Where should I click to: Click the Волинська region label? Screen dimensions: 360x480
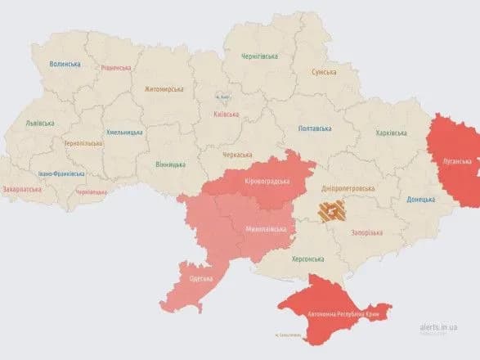click(x=65, y=64)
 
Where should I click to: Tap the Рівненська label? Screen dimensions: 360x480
click(x=117, y=68)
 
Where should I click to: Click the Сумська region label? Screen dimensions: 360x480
click(x=324, y=72)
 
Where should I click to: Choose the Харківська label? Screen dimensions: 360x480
click(x=392, y=133)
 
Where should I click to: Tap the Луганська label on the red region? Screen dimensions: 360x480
click(x=456, y=160)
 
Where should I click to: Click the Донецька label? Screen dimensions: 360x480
click(x=421, y=199)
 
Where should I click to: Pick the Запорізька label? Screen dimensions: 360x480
click(x=367, y=232)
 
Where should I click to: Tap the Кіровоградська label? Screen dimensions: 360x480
click(x=268, y=180)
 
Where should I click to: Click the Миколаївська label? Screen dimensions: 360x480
click(x=266, y=229)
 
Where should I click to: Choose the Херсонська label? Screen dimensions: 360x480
click(x=309, y=259)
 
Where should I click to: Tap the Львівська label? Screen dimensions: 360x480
click(x=39, y=124)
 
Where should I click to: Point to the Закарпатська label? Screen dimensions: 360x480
click(x=23, y=189)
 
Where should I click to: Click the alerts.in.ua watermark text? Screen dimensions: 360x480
click(x=441, y=326)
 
